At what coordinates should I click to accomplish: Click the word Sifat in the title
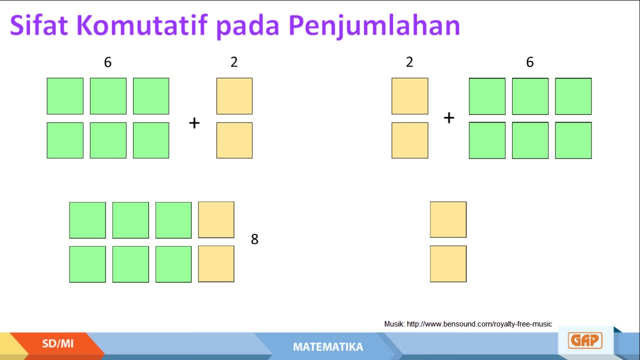pyautogui.click(x=39, y=25)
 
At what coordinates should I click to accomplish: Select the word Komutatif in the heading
pyautogui.click(x=141, y=25)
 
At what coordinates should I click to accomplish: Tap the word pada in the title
pyautogui.click(x=247, y=26)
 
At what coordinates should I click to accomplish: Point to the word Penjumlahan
pyautogui.click(x=374, y=26)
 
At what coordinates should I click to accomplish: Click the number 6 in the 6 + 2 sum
pyautogui.click(x=107, y=62)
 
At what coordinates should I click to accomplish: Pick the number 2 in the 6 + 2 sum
pyautogui.click(x=234, y=62)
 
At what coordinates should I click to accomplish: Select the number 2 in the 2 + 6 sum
pyautogui.click(x=409, y=62)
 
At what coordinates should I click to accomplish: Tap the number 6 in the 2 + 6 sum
pyautogui.click(x=530, y=62)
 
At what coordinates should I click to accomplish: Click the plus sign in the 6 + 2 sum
pyautogui.click(x=194, y=123)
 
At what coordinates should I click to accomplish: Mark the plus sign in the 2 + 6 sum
pyautogui.click(x=449, y=117)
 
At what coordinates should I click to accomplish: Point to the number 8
pyautogui.click(x=254, y=239)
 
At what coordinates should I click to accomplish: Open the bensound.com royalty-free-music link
pyautogui.click(x=479, y=324)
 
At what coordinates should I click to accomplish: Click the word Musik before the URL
pyautogui.click(x=394, y=324)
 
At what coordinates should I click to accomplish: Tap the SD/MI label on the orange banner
pyautogui.click(x=57, y=343)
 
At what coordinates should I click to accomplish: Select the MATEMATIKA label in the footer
pyautogui.click(x=328, y=347)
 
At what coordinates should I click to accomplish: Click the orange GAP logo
pyautogui.click(x=585, y=340)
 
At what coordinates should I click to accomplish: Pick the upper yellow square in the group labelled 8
pyautogui.click(x=216, y=219)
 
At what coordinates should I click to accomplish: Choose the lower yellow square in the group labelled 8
pyautogui.click(x=216, y=264)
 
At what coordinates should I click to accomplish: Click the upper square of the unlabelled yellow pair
pyautogui.click(x=448, y=219)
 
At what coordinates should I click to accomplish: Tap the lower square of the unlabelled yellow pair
pyautogui.click(x=448, y=264)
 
